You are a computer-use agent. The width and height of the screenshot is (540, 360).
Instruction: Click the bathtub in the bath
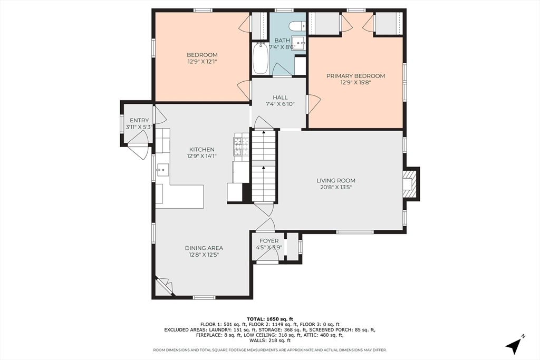click(261, 58)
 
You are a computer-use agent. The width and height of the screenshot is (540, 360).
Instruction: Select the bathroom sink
click(298, 43)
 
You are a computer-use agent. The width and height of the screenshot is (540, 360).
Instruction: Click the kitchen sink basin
click(162, 170)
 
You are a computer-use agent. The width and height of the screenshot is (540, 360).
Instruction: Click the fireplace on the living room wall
click(411, 183)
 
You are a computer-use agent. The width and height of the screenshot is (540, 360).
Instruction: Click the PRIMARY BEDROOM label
click(355, 76)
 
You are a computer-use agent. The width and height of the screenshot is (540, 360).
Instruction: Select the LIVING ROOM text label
click(336, 180)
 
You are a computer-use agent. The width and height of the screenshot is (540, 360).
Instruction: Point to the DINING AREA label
click(204, 248)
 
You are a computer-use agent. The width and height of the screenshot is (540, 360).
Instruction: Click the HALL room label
click(280, 98)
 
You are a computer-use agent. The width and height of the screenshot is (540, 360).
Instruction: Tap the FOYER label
click(269, 240)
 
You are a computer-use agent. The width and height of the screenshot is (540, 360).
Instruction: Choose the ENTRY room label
click(139, 120)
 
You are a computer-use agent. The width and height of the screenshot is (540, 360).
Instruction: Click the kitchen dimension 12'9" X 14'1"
click(202, 156)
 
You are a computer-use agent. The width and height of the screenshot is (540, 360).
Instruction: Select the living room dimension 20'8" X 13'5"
click(336, 187)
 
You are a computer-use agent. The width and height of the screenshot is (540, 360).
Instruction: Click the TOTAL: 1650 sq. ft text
click(269, 319)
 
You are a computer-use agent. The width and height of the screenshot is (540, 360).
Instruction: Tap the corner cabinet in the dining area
click(163, 286)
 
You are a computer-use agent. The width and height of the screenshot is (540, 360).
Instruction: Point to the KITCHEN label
click(202, 149)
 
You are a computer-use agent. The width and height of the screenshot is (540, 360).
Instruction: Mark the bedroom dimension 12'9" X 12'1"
click(202, 62)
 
